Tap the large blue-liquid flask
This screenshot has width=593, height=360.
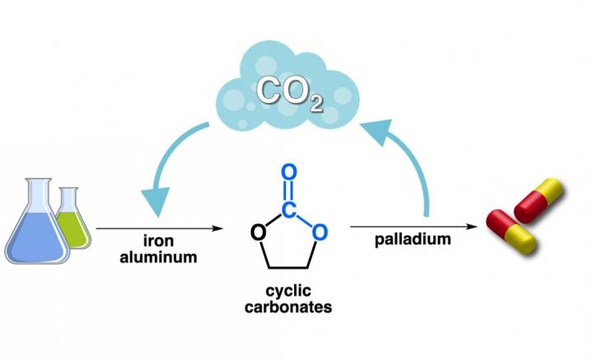click(x=36, y=227)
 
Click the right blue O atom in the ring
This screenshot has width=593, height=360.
click(x=321, y=233)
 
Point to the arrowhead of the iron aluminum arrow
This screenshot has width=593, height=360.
click(x=219, y=227)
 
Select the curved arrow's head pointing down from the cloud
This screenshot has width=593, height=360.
click(x=156, y=201)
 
